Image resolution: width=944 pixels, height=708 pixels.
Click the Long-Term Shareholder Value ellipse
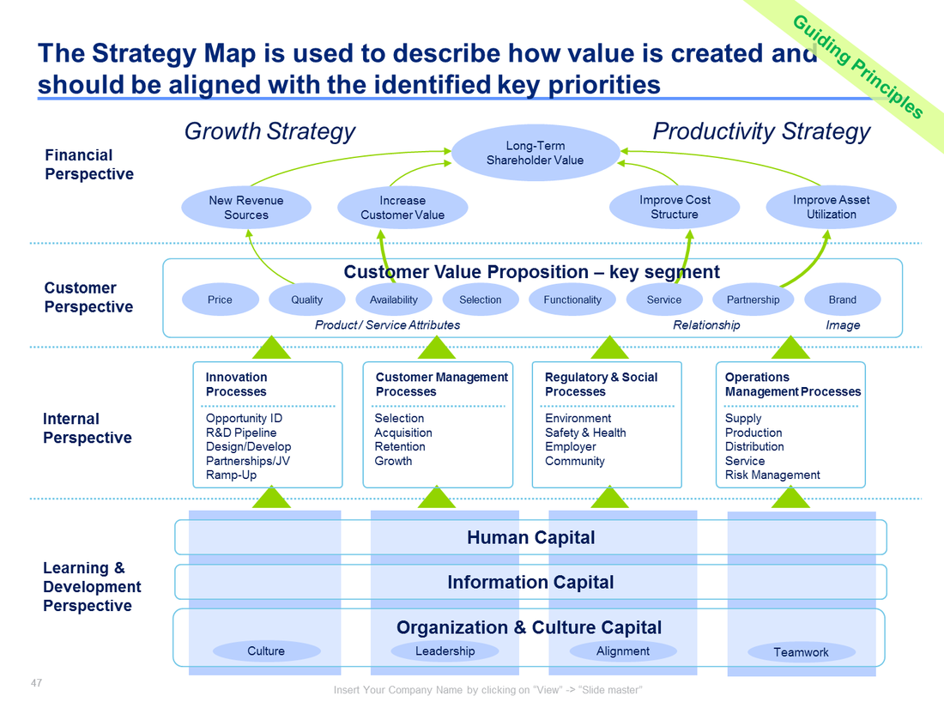535,153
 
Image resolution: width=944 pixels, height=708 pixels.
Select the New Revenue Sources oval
246,208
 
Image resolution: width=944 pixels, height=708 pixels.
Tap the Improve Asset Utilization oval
831,207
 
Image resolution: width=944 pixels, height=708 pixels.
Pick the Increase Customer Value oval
402,208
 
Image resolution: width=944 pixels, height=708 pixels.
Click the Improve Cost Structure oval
675,207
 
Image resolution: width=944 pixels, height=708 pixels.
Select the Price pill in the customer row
220,300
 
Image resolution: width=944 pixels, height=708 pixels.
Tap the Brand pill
842,300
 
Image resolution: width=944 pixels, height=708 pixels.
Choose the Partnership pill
753,300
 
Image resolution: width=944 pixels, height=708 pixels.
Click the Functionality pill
572,300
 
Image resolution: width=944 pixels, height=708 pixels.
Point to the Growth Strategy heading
269,131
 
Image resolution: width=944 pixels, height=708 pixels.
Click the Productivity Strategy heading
761,131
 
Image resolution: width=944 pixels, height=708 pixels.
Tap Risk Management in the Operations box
772,475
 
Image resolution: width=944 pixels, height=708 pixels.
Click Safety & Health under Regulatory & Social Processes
585,433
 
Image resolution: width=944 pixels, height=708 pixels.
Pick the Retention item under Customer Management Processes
400,446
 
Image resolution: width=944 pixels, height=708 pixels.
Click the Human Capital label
530,538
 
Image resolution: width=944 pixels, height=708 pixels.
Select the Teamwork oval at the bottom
801,652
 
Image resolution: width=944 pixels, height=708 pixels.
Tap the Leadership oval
445,651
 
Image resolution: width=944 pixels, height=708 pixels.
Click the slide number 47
36,683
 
